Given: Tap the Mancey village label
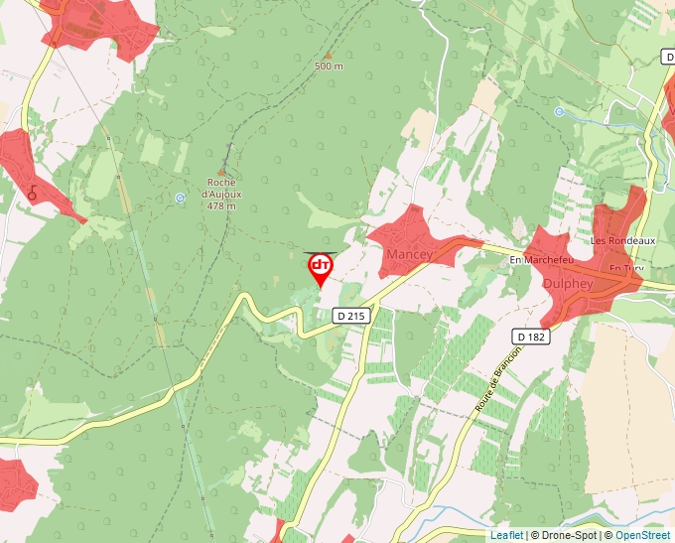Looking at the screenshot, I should pyautogui.click(x=410, y=255).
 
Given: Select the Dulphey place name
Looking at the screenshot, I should pyautogui.click(x=569, y=283).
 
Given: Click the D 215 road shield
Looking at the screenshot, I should pyautogui.click(x=350, y=316).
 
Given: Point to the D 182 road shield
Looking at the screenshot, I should pyautogui.click(x=530, y=337).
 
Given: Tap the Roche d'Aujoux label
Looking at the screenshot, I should pyautogui.click(x=222, y=188).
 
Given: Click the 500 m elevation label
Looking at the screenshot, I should pyautogui.click(x=329, y=67).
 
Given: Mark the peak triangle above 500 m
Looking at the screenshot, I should pyautogui.click(x=328, y=56).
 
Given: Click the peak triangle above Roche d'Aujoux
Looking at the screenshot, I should pyautogui.click(x=222, y=172).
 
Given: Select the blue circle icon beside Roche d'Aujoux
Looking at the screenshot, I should pyautogui.click(x=180, y=198).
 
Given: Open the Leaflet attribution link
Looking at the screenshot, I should pyautogui.click(x=506, y=535).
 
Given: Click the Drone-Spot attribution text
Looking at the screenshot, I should pyautogui.click(x=565, y=535).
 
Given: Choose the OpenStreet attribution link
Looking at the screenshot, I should pyautogui.click(x=642, y=535).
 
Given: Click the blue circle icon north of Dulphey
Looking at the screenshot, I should pyautogui.click(x=559, y=112).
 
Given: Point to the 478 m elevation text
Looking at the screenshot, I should pyautogui.click(x=222, y=206).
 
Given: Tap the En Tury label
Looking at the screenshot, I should pyautogui.click(x=626, y=268).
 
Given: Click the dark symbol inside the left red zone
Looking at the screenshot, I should pyautogui.click(x=32, y=193).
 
